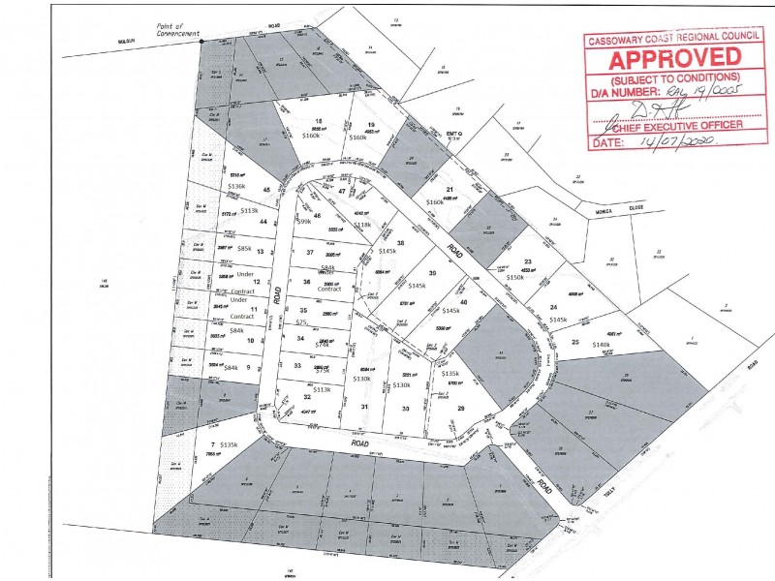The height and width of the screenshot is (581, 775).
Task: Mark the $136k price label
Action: coord(236,186)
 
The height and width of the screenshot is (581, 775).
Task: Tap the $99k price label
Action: coord(302,222)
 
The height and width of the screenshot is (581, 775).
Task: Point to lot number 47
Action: coord(342,192)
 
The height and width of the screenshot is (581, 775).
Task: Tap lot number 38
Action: coord(401,243)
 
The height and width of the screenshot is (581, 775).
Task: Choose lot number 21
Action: coord(449,189)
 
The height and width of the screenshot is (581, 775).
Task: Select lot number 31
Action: coord(364,407)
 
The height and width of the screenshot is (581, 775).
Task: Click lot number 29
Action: coord(461,408)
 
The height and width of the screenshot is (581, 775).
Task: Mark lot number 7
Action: coord(211,444)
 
